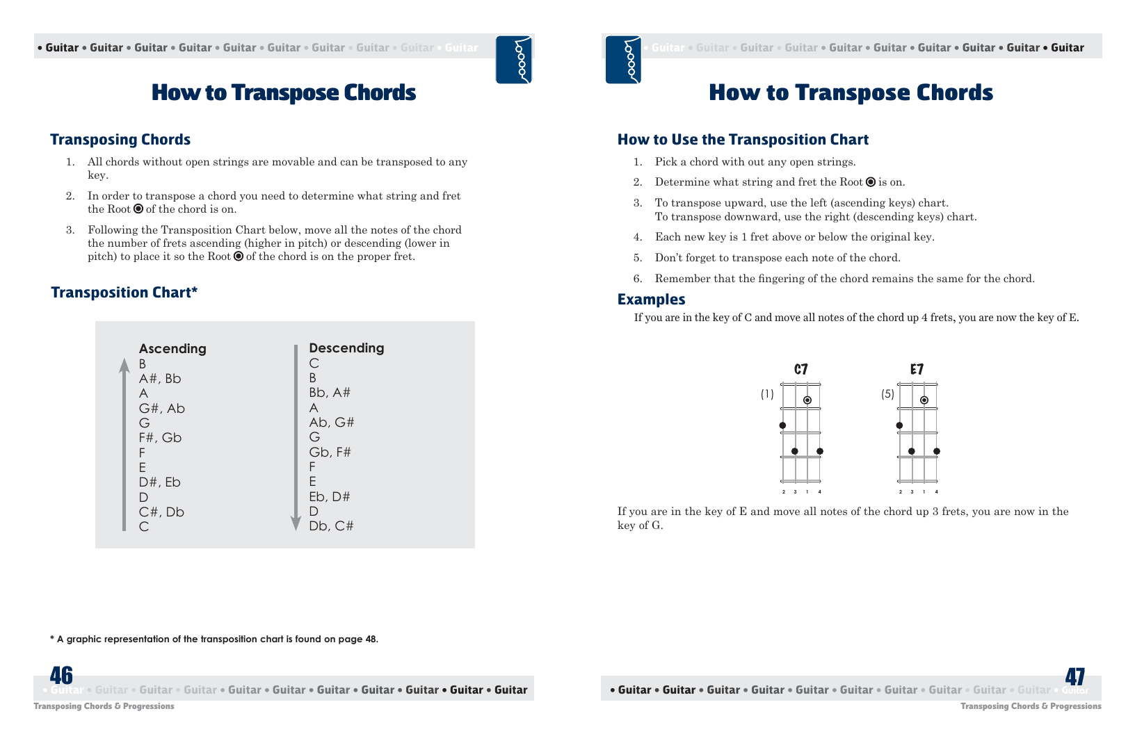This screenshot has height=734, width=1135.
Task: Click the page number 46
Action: (61, 676)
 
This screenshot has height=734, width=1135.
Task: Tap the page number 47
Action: (1074, 676)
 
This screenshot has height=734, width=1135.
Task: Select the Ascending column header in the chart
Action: (172, 348)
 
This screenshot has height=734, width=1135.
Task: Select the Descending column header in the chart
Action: (346, 348)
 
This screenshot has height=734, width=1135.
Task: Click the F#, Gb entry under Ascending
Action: (160, 438)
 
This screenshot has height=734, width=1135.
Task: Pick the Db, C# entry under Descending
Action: (331, 526)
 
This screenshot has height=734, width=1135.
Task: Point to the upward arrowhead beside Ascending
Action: (124, 365)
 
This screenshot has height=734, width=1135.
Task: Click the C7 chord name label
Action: (801, 369)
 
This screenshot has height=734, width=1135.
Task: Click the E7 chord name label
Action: (917, 369)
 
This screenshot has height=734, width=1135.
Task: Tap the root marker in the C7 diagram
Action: (807, 400)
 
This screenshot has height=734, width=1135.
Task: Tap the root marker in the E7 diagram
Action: (924, 400)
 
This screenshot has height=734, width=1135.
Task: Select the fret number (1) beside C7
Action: (767, 394)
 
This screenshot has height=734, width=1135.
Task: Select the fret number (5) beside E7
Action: (887, 394)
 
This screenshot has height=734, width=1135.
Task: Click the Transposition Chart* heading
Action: (124, 293)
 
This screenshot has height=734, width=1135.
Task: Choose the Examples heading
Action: (651, 300)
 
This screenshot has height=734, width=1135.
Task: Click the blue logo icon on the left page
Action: (514, 60)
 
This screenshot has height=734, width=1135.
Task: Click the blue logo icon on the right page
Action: (623, 60)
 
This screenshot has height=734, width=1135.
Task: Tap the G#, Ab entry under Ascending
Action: (162, 409)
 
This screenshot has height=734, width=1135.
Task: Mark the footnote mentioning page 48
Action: (214, 639)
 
